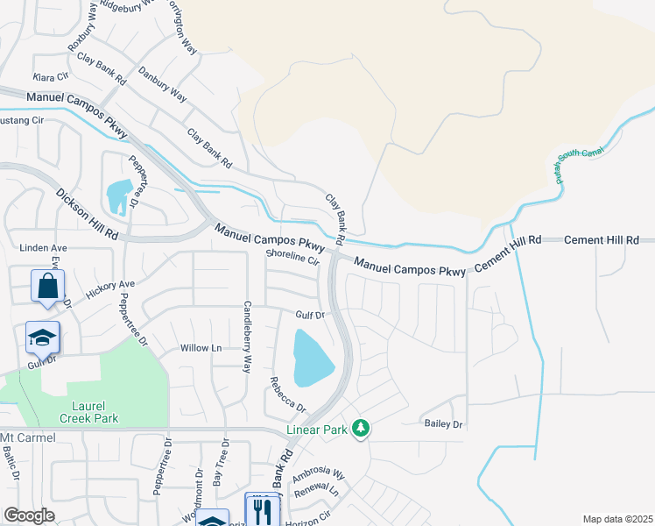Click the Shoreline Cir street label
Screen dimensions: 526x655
294,256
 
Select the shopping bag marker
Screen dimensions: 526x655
46,286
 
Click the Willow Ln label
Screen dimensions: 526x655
201,348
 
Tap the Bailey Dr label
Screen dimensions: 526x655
443,424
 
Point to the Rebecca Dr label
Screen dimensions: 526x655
287,395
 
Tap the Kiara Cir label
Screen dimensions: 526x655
50,77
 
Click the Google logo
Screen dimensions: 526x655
29,515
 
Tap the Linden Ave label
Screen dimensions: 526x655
43,248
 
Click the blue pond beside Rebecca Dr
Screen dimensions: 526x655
311,359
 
